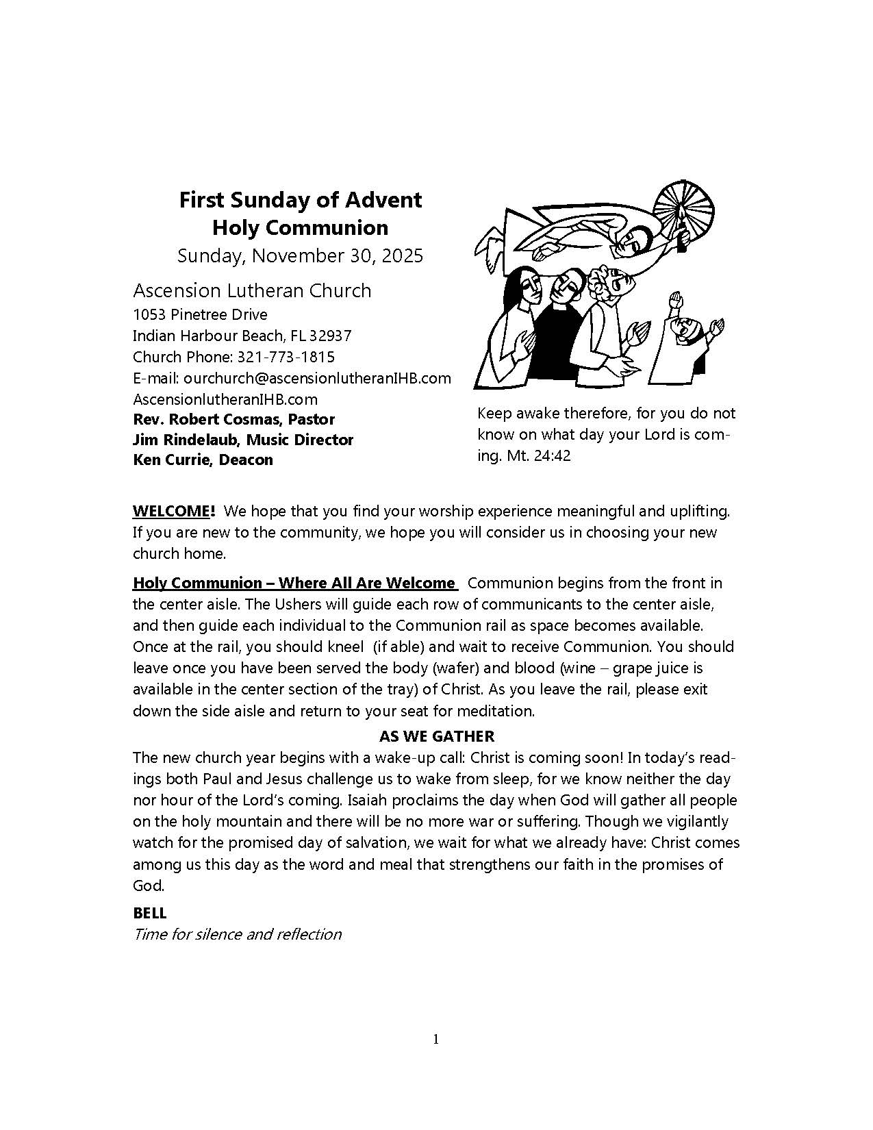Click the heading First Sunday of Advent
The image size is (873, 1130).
click(300, 200)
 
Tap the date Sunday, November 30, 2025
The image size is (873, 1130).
click(300, 256)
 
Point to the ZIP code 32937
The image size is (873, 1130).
click(330, 336)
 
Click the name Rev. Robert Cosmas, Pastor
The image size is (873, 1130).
click(233, 419)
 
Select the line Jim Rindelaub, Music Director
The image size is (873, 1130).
click(243, 440)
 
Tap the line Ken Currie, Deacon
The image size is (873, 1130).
click(203, 460)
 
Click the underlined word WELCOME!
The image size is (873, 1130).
click(174, 511)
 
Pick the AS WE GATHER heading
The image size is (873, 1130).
click(436, 736)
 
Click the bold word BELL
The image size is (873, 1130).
click(150, 913)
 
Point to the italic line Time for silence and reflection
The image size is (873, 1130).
click(237, 934)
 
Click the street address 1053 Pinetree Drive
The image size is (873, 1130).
click(200, 315)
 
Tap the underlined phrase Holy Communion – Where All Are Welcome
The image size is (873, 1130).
click(294, 583)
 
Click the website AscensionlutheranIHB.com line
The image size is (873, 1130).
click(225, 399)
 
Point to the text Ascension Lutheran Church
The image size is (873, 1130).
click(252, 290)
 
